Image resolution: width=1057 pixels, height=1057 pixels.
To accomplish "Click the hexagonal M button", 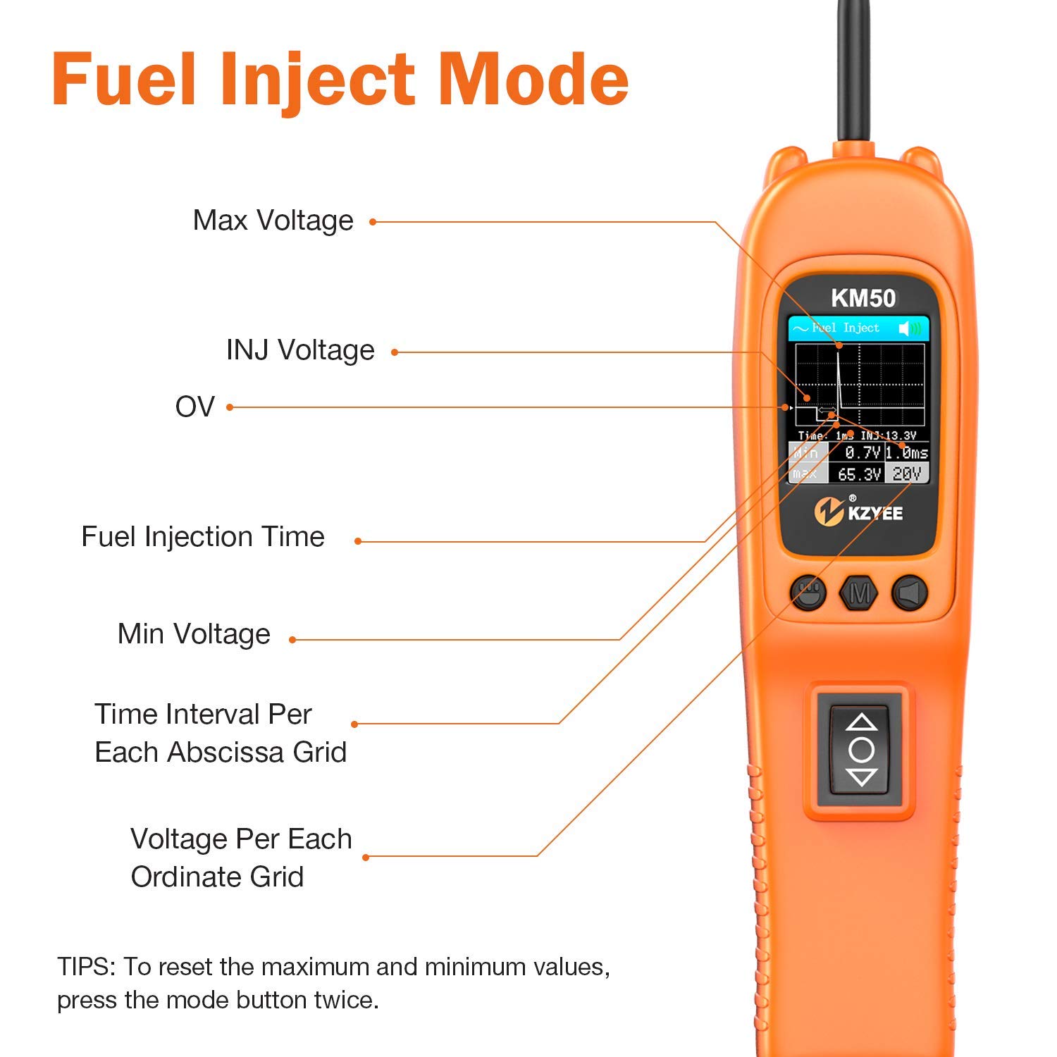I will coord(859,593).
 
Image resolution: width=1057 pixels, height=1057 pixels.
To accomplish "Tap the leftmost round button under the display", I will coord(808,593).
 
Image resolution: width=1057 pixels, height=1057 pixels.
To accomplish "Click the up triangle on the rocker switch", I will coord(861,722).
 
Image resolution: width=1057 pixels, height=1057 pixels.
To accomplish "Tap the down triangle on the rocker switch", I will coord(861,777).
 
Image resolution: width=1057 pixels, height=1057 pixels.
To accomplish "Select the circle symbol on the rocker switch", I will coord(861,749).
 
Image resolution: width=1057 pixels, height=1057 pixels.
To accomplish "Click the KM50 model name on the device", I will coord(863,298).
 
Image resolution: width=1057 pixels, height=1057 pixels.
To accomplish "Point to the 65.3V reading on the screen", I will coord(859,474).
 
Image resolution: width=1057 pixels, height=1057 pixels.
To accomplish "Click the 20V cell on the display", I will coord(907,474).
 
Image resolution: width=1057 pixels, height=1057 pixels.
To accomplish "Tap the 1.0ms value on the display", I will coord(907,452).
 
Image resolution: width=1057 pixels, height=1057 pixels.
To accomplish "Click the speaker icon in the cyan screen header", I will coord(910,328).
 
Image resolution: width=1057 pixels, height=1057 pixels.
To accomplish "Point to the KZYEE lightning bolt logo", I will coord(829,512).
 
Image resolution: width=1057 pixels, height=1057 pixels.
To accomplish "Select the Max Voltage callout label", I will coord(273,221).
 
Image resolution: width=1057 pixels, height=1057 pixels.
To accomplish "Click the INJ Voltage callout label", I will coord(300,350).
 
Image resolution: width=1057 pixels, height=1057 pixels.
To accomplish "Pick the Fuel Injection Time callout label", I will coord(203,537).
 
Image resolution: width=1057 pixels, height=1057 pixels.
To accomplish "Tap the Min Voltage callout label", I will coord(194,634).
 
